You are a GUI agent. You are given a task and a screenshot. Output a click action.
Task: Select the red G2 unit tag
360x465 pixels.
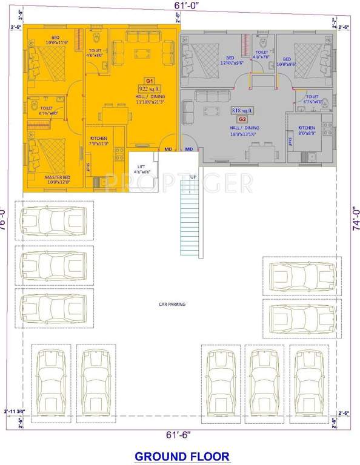point(242,120)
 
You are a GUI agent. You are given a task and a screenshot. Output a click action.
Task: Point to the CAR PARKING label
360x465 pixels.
point(172,304)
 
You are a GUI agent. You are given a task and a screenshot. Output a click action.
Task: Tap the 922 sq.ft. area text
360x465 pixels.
point(148,88)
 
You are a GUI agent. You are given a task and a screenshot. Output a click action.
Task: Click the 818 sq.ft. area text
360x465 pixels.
point(242,111)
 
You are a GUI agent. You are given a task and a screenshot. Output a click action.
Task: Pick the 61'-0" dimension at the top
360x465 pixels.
point(180,5)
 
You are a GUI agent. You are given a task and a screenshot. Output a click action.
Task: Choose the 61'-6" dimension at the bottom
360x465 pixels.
point(180,434)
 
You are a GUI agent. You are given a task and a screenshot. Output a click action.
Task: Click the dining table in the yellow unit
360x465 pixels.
point(113,114)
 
